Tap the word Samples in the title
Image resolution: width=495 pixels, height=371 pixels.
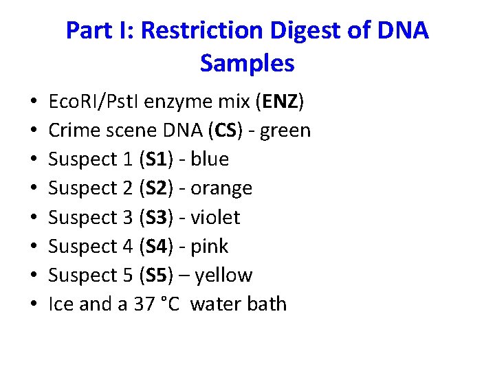click(247, 63)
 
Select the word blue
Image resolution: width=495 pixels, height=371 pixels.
click(210, 159)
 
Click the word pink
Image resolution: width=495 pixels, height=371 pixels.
click(209, 246)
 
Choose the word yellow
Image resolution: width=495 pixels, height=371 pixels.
click(223, 276)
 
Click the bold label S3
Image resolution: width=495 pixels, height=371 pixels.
click(155, 217)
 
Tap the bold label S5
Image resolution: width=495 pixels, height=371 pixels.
click(155, 276)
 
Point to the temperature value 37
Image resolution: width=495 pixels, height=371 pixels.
click(145, 304)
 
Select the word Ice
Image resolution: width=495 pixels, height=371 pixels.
click(61, 304)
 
